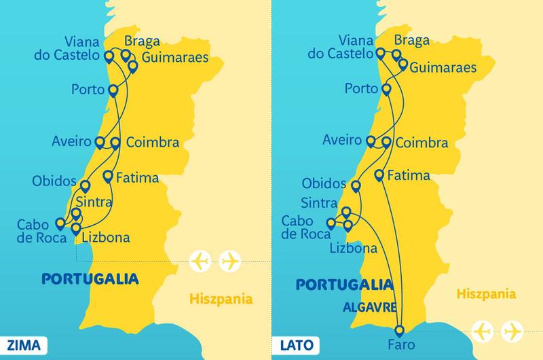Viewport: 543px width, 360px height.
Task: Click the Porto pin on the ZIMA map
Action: (113, 90)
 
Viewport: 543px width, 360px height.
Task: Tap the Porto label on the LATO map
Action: (360, 88)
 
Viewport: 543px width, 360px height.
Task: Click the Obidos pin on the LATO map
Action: (356, 185)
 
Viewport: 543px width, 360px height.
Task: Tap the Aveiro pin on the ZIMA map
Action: (99, 142)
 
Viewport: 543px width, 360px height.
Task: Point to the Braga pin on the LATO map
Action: (396, 54)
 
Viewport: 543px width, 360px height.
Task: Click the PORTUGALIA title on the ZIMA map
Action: (90, 278)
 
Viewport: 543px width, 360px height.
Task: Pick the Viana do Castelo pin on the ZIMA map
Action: (109, 56)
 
